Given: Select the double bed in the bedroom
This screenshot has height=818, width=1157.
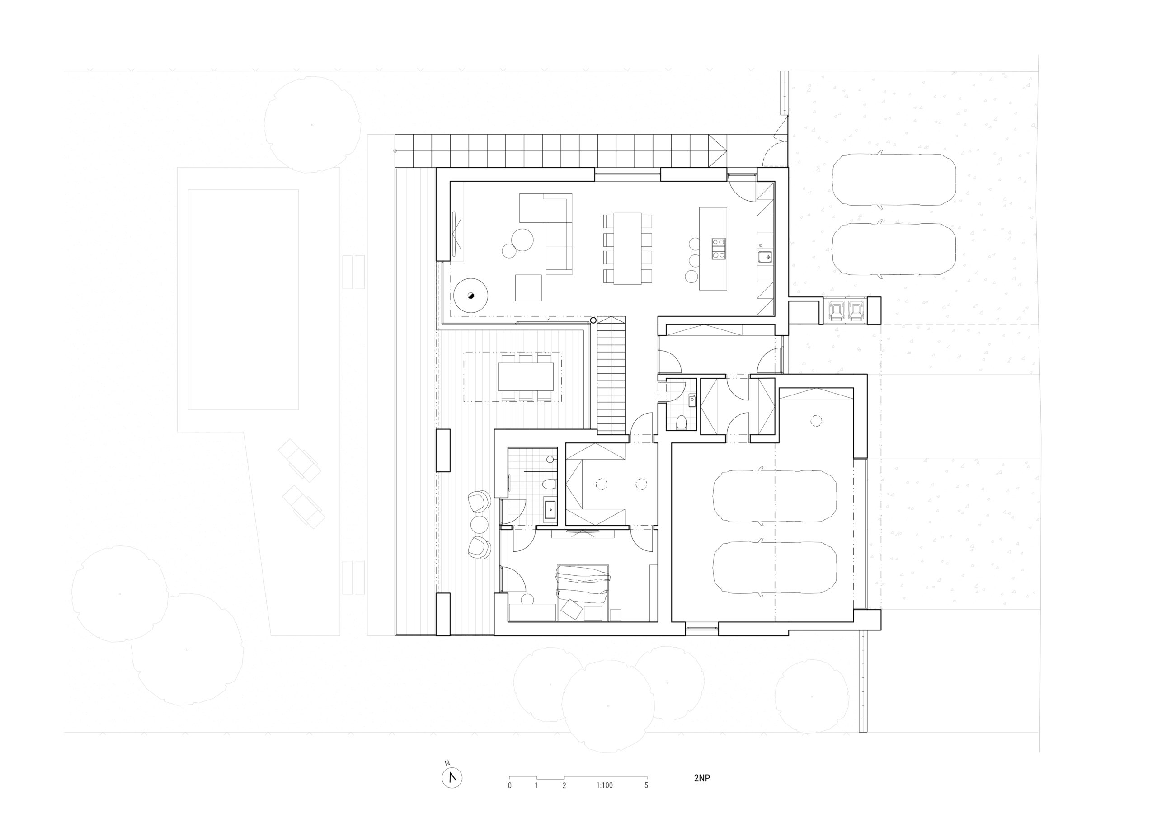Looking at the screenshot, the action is click(x=583, y=592).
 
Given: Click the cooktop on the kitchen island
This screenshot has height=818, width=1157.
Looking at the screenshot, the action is click(x=719, y=249).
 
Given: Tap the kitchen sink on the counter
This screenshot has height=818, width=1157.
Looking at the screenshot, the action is click(x=765, y=257).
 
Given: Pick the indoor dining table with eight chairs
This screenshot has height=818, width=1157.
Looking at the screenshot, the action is click(x=627, y=249).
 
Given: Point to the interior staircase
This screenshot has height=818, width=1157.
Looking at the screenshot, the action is click(x=611, y=376).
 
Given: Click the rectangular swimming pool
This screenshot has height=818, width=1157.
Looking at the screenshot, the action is click(x=244, y=299).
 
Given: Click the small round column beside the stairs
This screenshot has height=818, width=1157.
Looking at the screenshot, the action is click(x=593, y=320).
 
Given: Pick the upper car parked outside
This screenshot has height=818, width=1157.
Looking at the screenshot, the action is click(x=894, y=180).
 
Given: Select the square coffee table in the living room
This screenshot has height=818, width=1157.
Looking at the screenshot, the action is click(x=528, y=288).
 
